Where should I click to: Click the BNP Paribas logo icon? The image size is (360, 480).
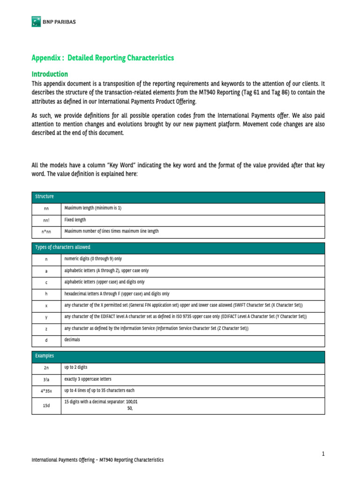(x=35, y=22)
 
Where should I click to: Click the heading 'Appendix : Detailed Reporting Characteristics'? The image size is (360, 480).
(x=103, y=58)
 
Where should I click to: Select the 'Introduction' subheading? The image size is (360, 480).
(x=50, y=74)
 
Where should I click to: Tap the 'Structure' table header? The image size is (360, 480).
(x=45, y=196)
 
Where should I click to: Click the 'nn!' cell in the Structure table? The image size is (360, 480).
(x=46, y=220)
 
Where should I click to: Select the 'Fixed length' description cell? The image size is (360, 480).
(x=75, y=219)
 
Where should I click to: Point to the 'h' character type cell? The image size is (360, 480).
(x=46, y=294)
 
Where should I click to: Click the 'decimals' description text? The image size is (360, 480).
(x=73, y=339)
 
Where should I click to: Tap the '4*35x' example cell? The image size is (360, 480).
(x=46, y=391)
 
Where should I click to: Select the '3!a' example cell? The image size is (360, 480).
(x=46, y=380)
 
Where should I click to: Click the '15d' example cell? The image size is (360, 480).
(x=46, y=406)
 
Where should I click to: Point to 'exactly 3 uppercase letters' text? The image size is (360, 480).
(x=88, y=379)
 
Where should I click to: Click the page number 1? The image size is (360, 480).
(x=323, y=453)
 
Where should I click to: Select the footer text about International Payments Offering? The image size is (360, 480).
(x=97, y=460)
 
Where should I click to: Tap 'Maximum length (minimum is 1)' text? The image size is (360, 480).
(x=93, y=208)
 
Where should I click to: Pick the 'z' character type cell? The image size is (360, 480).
(x=46, y=330)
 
